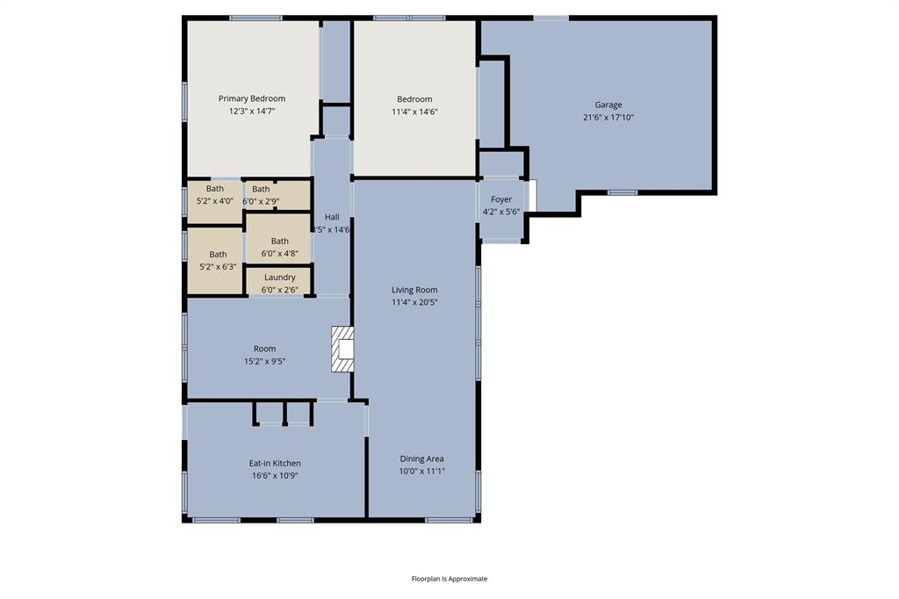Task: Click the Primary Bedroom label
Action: (x=252, y=98)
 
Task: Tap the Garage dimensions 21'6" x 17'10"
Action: (x=608, y=117)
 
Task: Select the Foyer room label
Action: (x=501, y=199)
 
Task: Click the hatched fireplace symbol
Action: (x=342, y=350)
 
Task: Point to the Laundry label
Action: (x=279, y=278)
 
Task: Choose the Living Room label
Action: (x=414, y=290)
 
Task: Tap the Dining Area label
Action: (x=421, y=458)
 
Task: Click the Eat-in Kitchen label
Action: (x=275, y=463)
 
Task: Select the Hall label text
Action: (x=332, y=217)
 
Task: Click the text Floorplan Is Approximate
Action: (x=449, y=579)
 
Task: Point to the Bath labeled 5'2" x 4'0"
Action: (x=215, y=194)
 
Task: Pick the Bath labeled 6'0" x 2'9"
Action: (x=262, y=194)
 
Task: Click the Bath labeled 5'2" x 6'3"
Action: (x=218, y=260)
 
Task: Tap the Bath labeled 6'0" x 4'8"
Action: (x=279, y=247)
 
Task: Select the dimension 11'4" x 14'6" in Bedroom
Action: (x=414, y=112)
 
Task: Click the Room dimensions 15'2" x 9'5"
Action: (x=264, y=361)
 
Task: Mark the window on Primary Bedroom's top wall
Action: (x=255, y=18)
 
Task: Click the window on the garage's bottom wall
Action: (x=622, y=192)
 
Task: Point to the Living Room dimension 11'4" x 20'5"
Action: (x=414, y=302)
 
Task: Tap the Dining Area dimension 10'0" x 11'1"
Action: (x=421, y=471)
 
